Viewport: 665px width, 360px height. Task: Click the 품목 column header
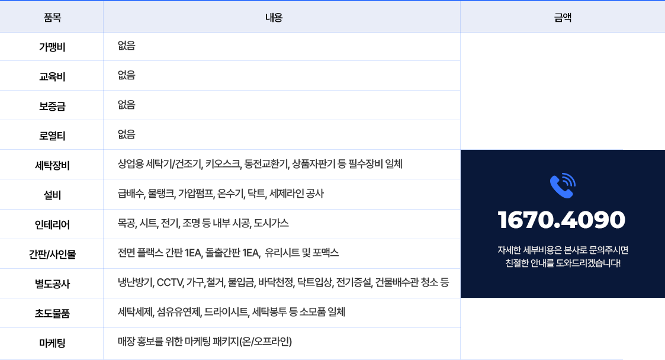(52, 17)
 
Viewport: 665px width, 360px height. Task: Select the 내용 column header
(274, 17)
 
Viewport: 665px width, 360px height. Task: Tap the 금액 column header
(563, 17)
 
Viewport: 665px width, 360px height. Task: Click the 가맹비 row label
(52, 47)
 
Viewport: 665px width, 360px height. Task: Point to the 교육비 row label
(52, 76)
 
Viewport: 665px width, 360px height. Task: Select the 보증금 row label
(52, 106)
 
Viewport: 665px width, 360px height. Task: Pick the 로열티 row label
(52, 136)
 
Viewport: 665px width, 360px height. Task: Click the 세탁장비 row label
(52, 165)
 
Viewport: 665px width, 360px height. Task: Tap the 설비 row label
(52, 195)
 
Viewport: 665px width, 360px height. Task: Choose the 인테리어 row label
(52, 224)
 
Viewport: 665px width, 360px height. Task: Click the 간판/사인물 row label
(52, 254)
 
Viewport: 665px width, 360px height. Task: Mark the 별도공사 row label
(52, 284)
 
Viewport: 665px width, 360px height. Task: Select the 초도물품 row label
(52, 313)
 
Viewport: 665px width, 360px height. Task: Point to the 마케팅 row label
(52, 343)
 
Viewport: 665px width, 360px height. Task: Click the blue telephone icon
(563, 186)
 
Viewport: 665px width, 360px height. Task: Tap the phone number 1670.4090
(561, 220)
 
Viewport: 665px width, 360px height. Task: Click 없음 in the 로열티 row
(126, 134)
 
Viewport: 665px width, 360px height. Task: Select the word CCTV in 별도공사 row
(169, 282)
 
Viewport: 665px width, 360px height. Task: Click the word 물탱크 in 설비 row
(162, 194)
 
